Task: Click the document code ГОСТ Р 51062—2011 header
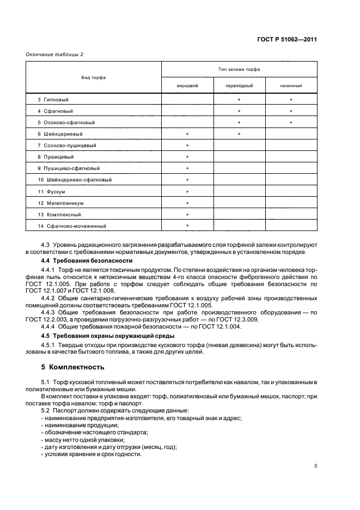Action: pyautogui.click(x=287, y=39)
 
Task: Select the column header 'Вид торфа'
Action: pyautogui.click(x=93, y=77)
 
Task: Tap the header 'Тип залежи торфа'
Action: pyautogui.click(x=239, y=70)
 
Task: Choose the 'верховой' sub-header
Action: pyautogui.click(x=187, y=86)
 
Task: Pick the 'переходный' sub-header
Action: pyautogui.click(x=239, y=86)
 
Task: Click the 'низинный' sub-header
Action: pyautogui.click(x=291, y=86)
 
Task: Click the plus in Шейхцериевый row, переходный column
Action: pyautogui.click(x=239, y=134)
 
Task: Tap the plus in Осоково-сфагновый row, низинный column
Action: pyautogui.click(x=291, y=123)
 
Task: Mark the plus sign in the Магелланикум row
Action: pyautogui.click(x=187, y=203)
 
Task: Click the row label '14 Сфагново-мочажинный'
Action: pyautogui.click(x=71, y=226)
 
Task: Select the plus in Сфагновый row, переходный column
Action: pyautogui.click(x=239, y=111)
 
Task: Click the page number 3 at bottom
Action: pyautogui.click(x=316, y=465)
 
